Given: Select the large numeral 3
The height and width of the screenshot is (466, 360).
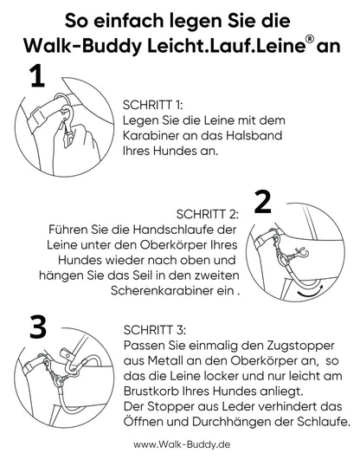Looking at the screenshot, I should [38, 327].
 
